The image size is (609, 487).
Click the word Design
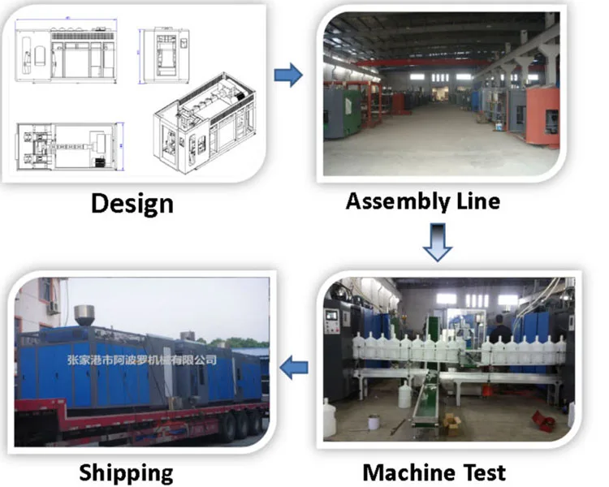click(132, 202)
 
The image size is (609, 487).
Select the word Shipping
click(126, 472)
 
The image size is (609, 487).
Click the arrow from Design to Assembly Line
click(287, 76)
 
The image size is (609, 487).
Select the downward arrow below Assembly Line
click(438, 242)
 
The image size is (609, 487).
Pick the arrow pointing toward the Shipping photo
click(295, 368)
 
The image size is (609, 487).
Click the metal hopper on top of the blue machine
click(83, 316)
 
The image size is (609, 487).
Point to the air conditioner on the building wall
click(53, 306)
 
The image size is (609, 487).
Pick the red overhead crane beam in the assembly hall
click(422, 62)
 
